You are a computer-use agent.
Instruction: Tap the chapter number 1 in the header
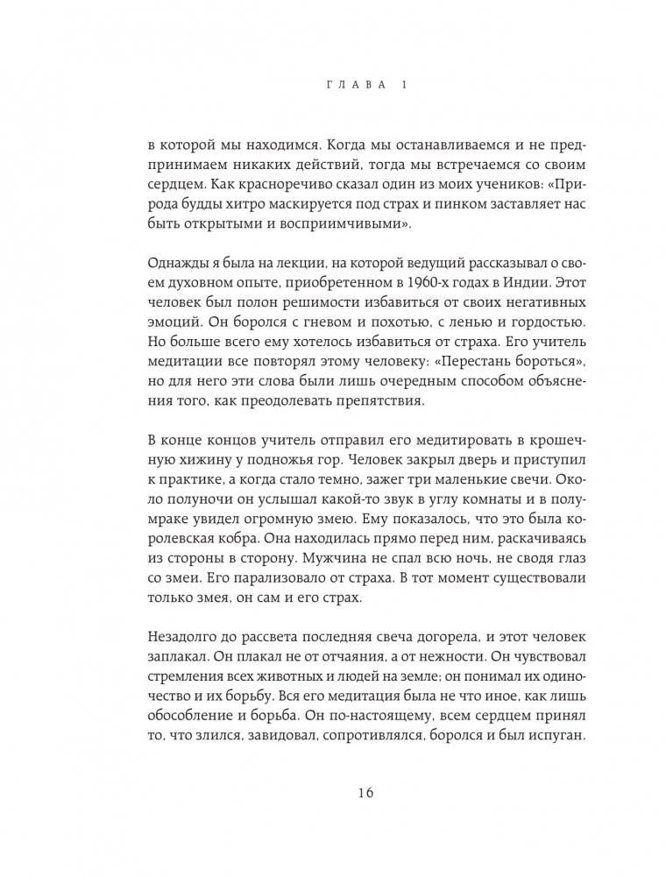[x=402, y=85]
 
